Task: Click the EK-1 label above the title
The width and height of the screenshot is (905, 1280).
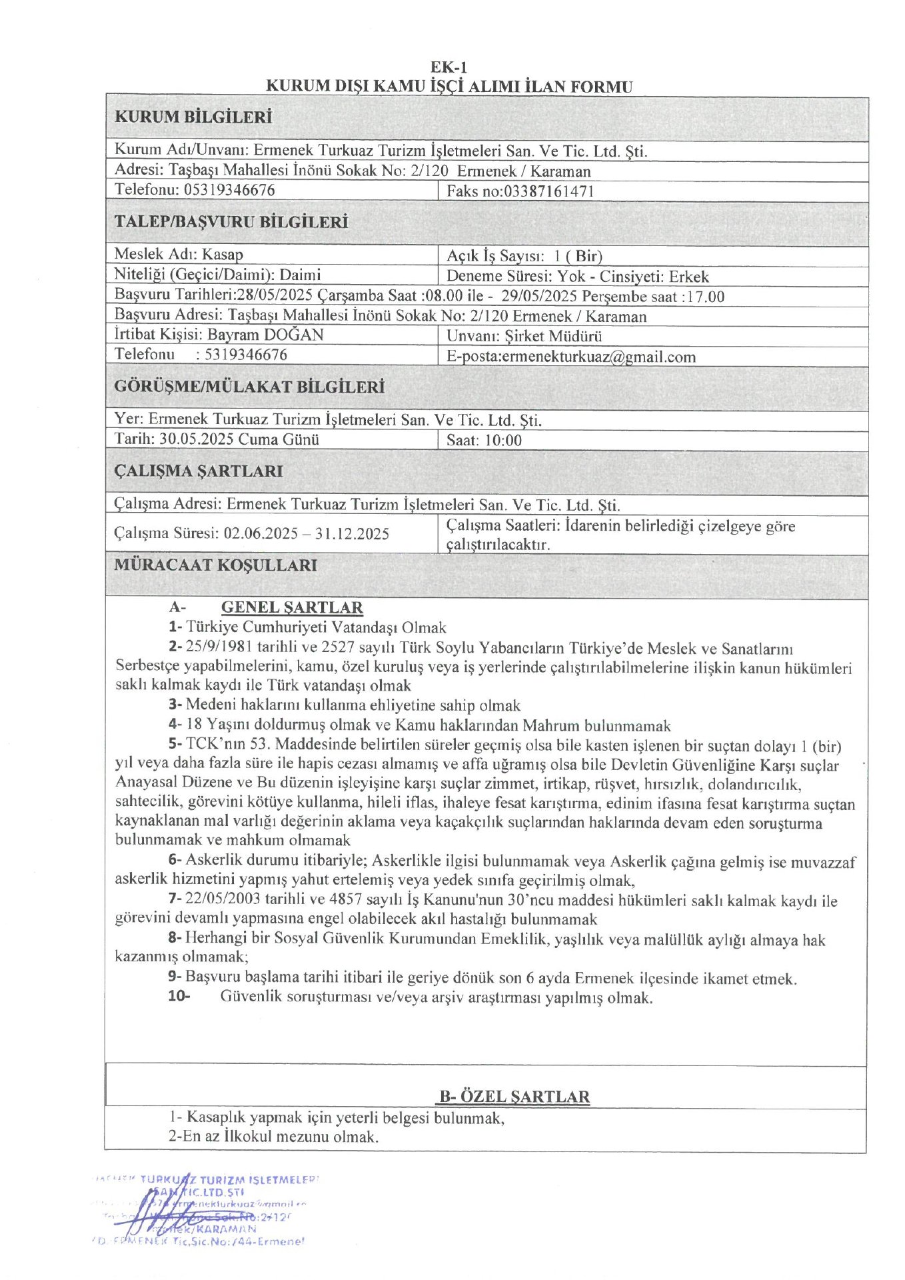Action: [449, 67]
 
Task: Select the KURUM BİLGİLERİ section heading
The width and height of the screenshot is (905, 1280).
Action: [193, 117]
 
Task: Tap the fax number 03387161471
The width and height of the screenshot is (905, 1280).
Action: [548, 191]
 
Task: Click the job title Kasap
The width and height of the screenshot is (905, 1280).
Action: [223, 255]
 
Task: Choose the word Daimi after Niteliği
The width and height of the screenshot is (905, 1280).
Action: [300, 275]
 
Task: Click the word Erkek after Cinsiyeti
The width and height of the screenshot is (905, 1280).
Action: [689, 277]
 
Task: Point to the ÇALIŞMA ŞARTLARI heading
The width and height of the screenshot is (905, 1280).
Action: [199, 471]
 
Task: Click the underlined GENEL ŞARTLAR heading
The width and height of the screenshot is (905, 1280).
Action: [292, 607]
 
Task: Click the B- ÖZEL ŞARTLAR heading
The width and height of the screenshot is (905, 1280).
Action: [514, 1097]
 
